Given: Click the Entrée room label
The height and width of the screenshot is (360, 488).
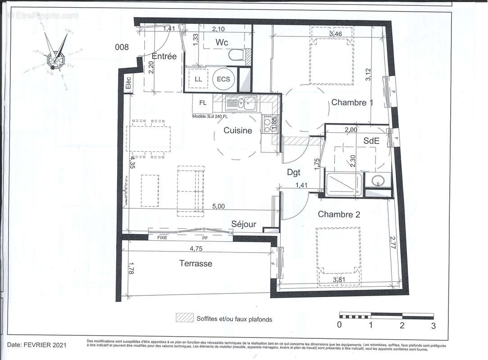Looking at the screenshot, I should pos(164,57).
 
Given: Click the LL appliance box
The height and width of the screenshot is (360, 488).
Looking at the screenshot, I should pos(198,79).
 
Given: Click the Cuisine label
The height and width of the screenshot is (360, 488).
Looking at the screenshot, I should pos(238,130).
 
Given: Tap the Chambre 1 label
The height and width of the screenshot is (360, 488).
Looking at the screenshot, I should pos(352,103).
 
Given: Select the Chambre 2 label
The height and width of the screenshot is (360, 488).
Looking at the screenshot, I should pos(339,214).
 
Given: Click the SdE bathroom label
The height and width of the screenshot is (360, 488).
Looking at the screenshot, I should pos(371,141).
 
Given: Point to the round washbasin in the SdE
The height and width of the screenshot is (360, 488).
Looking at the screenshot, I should pos(377,182).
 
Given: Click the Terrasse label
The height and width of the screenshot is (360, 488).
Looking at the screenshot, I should pos(195,264).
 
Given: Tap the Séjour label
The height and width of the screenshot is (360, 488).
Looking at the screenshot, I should pos(244,224).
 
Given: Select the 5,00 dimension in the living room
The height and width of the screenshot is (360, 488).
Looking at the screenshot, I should pos(219,206).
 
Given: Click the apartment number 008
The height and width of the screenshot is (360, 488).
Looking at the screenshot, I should pos(122,47).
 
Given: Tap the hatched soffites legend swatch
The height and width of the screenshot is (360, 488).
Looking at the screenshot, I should pos(185,319).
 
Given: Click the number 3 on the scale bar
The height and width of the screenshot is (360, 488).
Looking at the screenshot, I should pos(433,325).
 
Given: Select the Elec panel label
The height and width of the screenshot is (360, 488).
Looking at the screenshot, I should pos(128,84).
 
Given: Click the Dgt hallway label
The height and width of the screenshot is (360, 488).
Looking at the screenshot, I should pos(294,171).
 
